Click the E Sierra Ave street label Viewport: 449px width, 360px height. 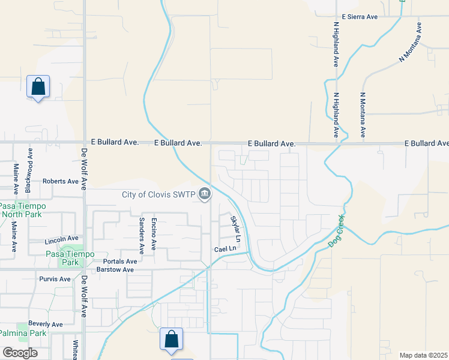(x=360, y=17)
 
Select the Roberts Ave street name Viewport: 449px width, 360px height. (x=61, y=181)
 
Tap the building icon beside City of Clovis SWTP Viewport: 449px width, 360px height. (x=205, y=194)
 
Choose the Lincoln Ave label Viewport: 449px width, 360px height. (x=62, y=241)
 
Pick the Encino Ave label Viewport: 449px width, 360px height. (x=154, y=233)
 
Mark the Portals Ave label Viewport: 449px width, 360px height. (x=120, y=261)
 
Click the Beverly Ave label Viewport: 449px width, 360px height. (x=46, y=324)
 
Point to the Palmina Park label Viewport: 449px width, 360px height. (x=23, y=333)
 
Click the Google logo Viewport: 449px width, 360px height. (x=20, y=352)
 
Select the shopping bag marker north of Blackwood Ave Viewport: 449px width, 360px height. (x=38, y=86)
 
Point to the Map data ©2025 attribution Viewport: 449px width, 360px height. (x=423, y=355)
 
